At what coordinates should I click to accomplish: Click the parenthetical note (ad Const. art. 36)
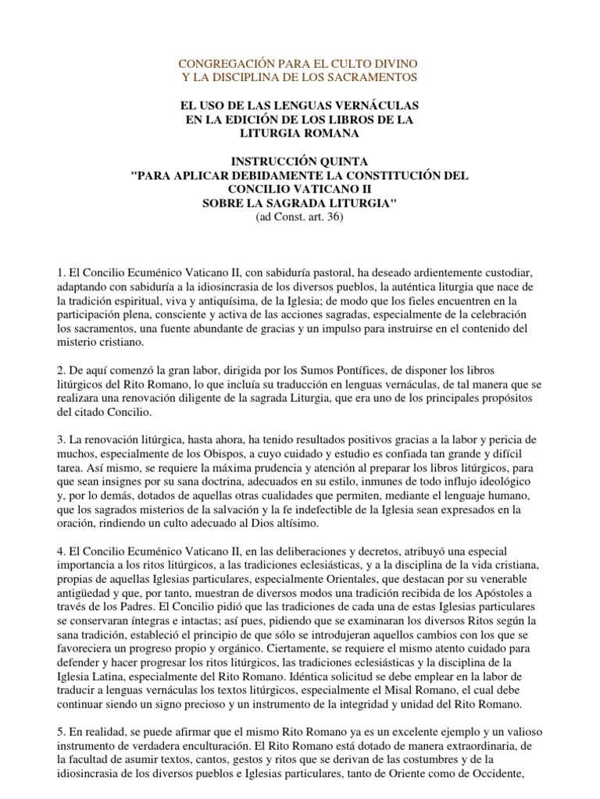click(x=300, y=218)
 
